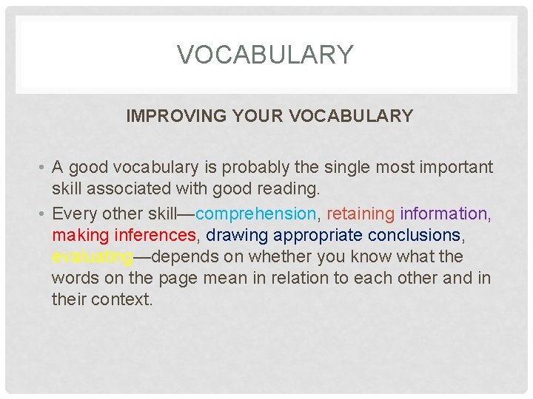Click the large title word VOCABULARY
(266, 55)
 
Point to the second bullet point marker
(43, 214)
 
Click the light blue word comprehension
(256, 214)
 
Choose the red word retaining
(361, 214)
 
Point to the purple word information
(443, 214)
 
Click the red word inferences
(155, 235)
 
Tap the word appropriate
(318, 236)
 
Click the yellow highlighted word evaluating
(92, 256)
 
